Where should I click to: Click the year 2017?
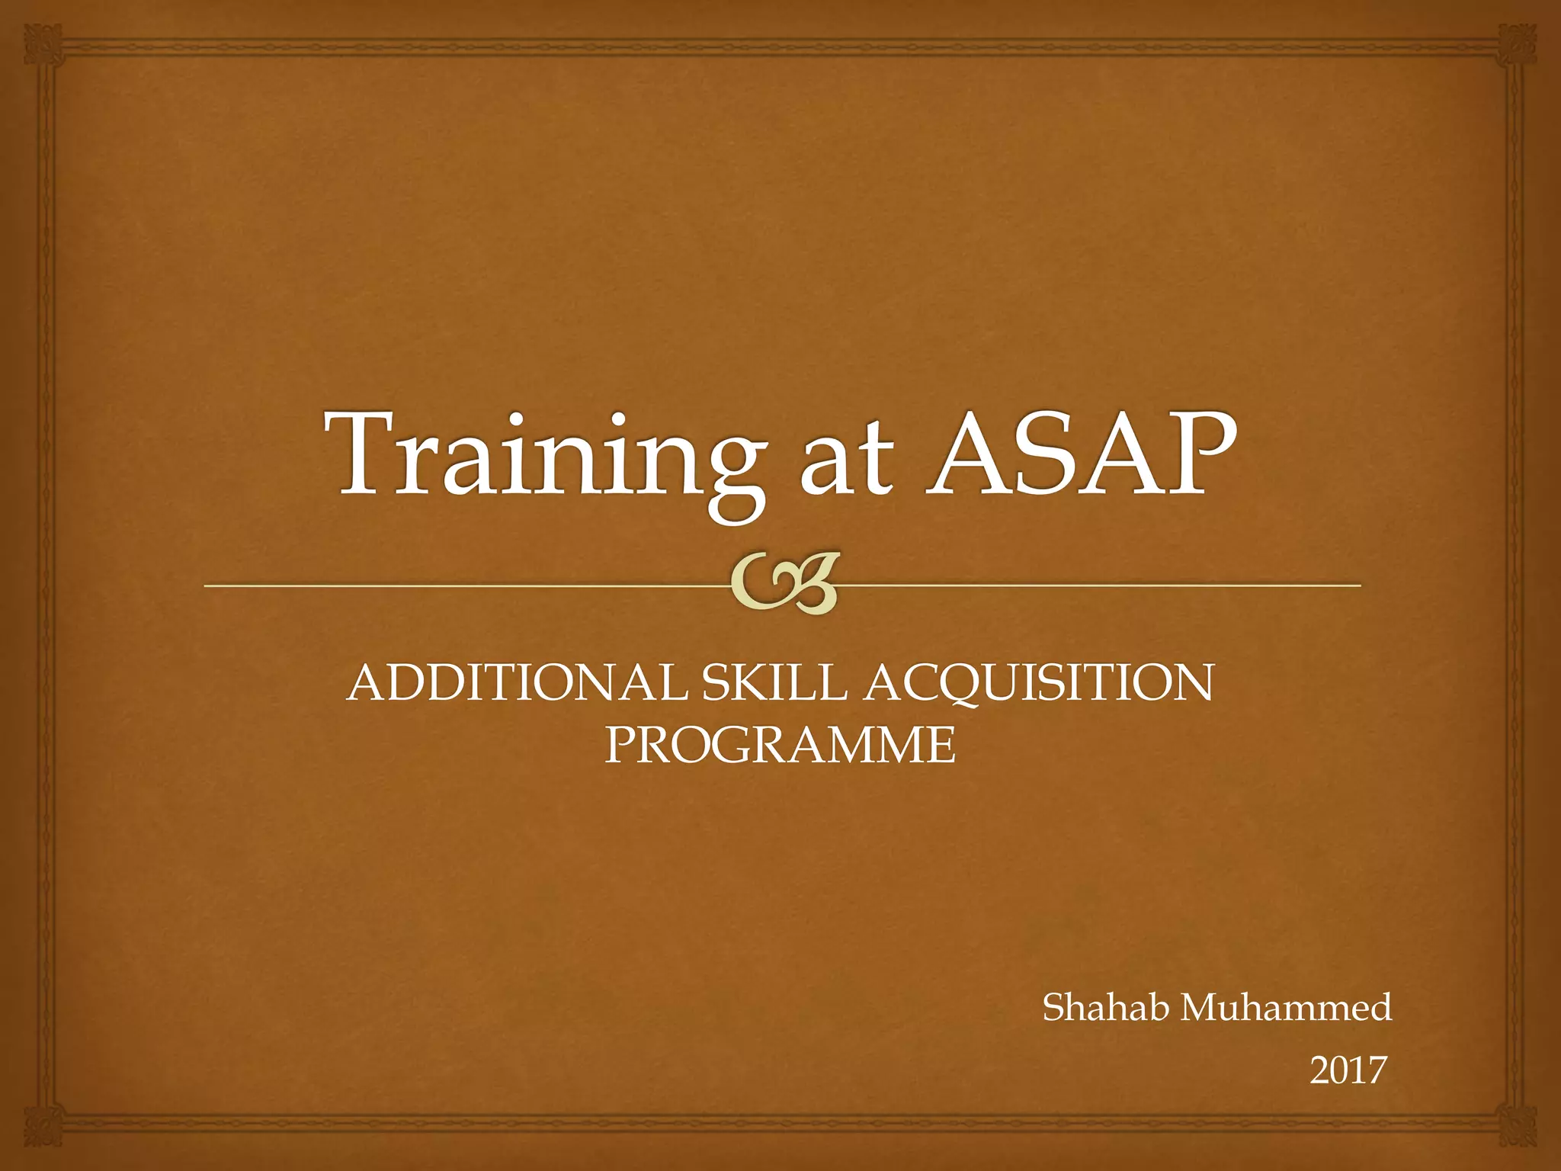(1347, 1071)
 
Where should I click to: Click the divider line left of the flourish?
(457, 585)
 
